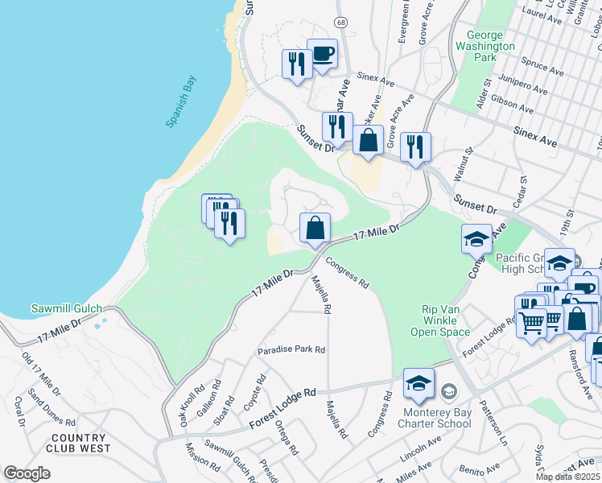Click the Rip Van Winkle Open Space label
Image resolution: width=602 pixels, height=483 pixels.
(x=446, y=320)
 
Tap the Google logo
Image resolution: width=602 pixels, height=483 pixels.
(x=27, y=473)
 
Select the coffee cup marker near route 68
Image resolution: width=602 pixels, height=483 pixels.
(x=322, y=54)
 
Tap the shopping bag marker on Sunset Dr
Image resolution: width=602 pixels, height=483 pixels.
(x=368, y=140)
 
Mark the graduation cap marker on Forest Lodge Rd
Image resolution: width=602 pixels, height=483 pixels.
(x=419, y=385)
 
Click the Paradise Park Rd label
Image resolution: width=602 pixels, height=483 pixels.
(x=291, y=350)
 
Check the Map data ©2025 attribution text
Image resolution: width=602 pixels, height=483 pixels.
(x=567, y=477)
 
